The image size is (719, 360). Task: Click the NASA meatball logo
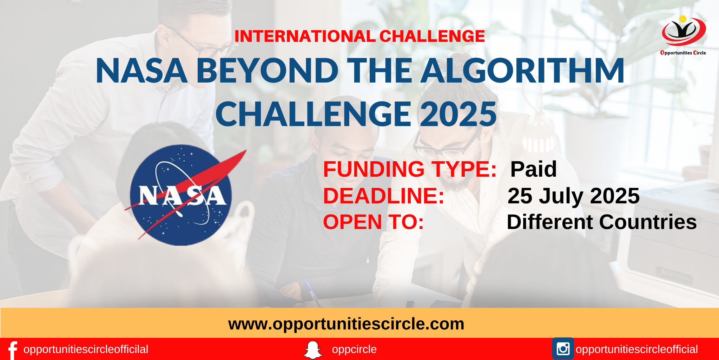[181, 195]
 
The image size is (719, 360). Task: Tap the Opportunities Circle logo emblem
[684, 32]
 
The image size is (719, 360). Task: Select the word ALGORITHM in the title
[523, 71]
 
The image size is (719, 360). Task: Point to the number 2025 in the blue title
[458, 114]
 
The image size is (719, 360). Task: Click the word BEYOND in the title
[267, 71]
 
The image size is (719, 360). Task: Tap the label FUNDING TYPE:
[410, 169]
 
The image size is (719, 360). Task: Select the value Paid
[533, 169]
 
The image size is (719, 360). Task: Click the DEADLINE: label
[384, 196]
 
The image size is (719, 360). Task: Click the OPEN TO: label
[374, 222]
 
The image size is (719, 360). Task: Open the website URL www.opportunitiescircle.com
[346, 323]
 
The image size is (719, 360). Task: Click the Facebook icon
[13, 350]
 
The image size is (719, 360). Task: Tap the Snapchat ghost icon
[312, 350]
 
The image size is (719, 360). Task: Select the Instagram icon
[563, 349]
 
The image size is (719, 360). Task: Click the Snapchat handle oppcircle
[354, 349]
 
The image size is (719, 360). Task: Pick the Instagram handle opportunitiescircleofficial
[636, 349]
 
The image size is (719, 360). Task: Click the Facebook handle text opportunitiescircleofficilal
[86, 349]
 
